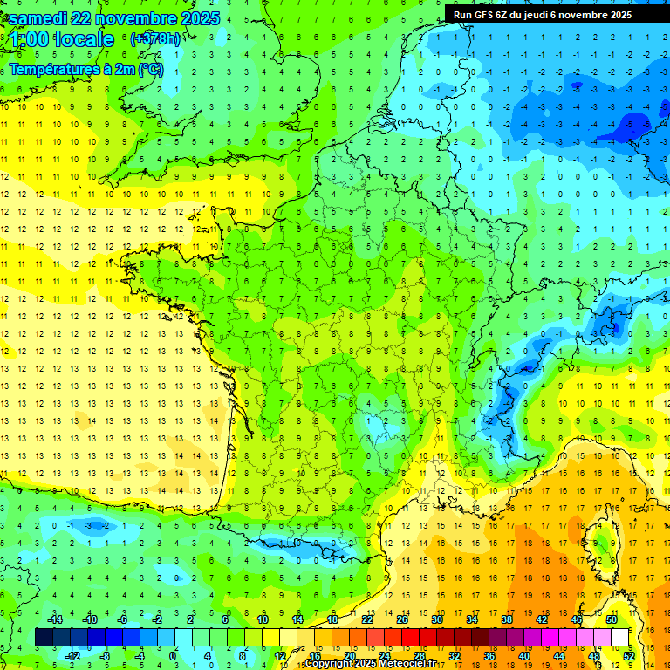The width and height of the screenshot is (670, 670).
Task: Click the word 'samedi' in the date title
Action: click(41, 18)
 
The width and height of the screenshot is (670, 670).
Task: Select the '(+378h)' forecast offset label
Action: click(154, 39)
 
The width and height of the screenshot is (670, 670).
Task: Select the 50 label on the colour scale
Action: click(612, 619)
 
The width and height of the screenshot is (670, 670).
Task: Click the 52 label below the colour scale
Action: click(629, 656)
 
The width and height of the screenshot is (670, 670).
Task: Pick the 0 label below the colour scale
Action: click(173, 656)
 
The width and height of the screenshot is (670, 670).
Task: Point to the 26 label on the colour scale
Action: click(402, 619)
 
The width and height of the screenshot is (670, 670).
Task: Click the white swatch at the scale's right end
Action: click(619, 637)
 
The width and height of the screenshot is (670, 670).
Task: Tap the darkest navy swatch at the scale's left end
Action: click(44, 637)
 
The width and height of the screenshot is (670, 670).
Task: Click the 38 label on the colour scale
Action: click(507, 619)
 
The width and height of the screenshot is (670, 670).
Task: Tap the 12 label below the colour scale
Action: click(279, 656)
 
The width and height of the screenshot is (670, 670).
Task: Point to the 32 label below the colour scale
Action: click(455, 656)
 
